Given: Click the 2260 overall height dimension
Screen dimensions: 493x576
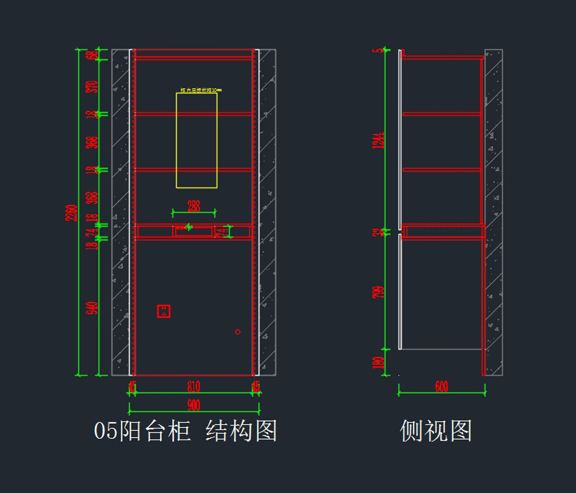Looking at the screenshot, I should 72,213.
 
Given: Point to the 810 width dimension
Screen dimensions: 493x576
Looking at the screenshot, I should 194,387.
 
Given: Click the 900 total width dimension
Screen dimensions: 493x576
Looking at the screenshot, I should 194,406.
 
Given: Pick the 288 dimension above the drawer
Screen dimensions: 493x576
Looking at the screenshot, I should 194,206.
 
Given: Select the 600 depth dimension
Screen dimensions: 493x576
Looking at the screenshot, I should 442,387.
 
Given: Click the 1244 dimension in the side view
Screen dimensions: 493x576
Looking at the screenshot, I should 379,140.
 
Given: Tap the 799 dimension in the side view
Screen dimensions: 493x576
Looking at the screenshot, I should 379,292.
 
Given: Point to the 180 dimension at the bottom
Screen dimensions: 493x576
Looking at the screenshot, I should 379,362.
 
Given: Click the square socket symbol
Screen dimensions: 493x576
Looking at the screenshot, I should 164,311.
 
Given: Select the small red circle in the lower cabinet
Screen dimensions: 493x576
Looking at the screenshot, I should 238,331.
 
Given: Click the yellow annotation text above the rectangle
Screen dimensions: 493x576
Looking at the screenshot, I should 201,90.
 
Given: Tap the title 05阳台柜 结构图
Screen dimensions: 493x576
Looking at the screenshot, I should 185,431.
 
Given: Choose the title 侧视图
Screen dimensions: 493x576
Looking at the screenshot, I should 436,431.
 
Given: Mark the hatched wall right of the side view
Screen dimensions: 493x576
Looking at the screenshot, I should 493,211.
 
